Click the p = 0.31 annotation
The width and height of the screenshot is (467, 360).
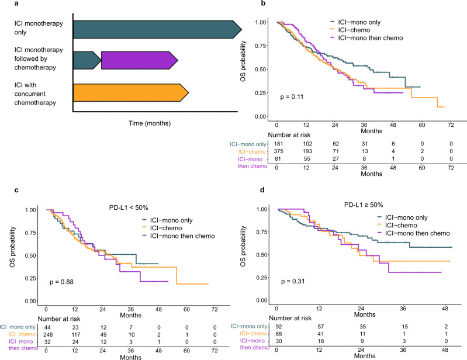[x=292, y=282]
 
